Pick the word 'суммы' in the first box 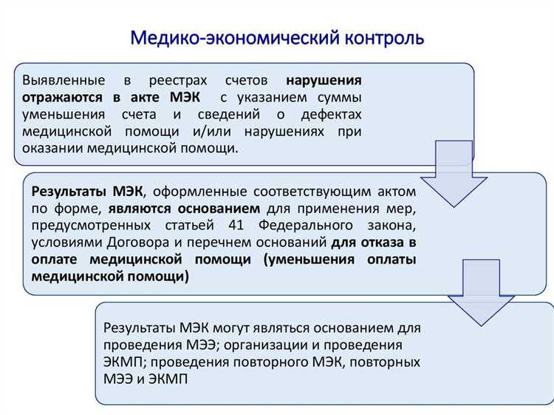click(340, 97)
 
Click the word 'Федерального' click(313, 225)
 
